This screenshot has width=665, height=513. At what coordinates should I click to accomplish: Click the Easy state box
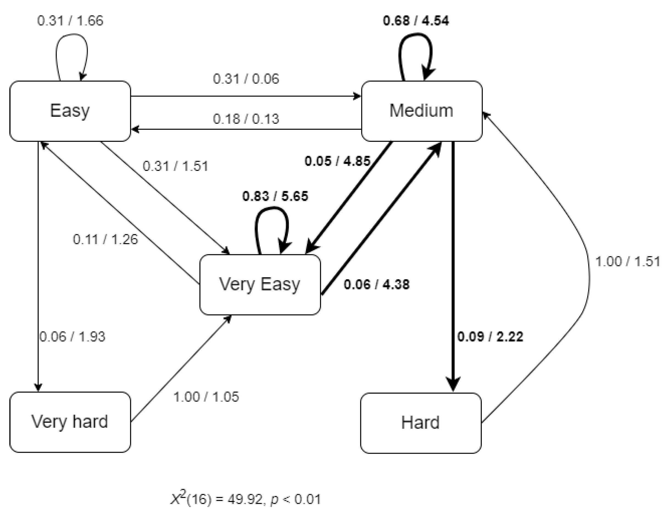point(70,111)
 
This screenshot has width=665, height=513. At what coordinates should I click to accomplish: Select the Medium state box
point(421,111)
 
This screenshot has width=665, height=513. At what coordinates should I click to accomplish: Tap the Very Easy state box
point(260,284)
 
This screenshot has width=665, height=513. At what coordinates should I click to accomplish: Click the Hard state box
point(421,423)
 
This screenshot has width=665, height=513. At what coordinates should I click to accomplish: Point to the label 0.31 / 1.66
point(70,21)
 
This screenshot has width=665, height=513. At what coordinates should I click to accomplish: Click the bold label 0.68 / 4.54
point(416,21)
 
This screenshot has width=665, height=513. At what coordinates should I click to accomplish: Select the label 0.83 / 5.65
point(275,196)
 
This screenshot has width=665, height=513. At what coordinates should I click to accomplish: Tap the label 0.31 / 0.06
point(246,79)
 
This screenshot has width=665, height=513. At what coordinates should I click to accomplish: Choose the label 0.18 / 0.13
point(246,119)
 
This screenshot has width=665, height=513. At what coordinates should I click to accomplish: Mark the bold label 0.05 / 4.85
point(337,161)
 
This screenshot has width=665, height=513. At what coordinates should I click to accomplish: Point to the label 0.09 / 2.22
point(490,337)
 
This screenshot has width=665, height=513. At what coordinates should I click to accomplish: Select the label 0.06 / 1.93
point(72,337)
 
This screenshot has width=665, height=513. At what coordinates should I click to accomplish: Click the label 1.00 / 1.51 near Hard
point(627,261)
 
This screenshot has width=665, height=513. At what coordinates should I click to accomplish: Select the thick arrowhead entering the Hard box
point(453,384)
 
